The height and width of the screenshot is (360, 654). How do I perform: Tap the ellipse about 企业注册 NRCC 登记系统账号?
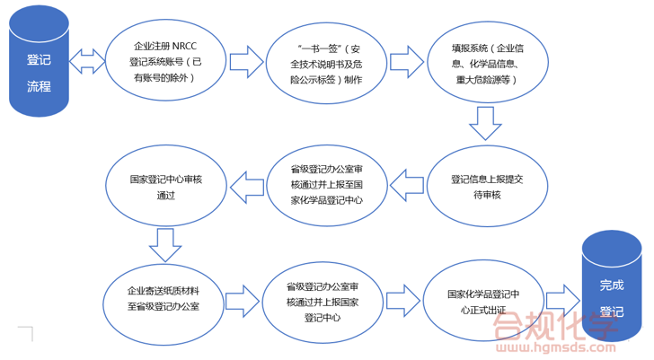tap(163, 63)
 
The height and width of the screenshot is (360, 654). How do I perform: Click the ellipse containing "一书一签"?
tap(327, 63)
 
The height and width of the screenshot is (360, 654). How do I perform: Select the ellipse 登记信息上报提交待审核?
tap(488, 187)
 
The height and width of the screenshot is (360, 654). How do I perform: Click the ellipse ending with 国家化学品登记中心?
tap(327, 186)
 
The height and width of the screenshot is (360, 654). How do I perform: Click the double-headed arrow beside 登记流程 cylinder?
tap(88, 63)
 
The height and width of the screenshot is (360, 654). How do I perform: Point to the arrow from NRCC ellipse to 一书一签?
tap(245, 63)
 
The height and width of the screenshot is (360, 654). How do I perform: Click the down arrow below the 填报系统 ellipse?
tap(485, 123)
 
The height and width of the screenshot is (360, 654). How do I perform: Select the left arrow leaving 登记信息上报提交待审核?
tap(407, 187)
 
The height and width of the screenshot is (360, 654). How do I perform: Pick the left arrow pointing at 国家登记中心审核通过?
tap(246, 187)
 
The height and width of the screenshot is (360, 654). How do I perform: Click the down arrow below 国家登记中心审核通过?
tap(165, 242)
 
